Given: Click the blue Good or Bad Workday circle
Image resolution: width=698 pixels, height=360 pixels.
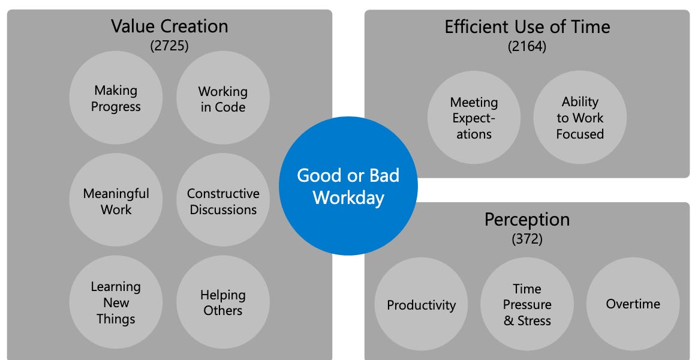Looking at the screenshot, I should [348, 186].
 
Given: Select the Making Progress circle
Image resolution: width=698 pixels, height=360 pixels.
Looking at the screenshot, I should [116, 98].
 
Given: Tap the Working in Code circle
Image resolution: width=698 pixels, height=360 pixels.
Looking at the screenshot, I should [222, 99].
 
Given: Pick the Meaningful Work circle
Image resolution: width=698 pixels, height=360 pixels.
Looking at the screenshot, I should [116, 201].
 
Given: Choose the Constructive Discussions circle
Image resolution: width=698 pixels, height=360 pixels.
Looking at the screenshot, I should [222, 201].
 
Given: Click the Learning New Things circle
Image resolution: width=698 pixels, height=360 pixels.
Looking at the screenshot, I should [116, 302].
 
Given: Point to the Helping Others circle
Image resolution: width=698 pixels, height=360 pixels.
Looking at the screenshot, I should [222, 302].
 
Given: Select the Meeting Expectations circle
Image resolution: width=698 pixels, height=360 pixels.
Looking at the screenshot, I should [474, 118].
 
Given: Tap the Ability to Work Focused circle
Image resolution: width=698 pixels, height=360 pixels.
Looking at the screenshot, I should [580, 118].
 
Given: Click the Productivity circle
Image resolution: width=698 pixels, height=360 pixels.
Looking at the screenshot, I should [421, 304].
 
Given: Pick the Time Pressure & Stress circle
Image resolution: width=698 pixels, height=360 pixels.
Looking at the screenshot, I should [527, 304].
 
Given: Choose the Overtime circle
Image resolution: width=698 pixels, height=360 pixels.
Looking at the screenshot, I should [633, 304].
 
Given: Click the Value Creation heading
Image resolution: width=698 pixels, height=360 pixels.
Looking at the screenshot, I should [170, 26].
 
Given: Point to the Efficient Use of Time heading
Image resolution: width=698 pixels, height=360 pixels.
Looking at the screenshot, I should [527, 27].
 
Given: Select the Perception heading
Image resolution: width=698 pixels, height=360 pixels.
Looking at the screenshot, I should [527, 220].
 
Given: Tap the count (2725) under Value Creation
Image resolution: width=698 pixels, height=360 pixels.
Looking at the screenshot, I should [170, 46].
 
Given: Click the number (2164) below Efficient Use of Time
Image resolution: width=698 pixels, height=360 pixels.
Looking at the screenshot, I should [527, 46].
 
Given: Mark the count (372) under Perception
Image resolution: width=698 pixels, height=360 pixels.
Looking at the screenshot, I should [527, 239].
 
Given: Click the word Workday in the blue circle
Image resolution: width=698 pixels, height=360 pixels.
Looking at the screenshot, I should [348, 197].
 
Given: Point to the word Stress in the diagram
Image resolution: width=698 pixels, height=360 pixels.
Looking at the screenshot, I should [534, 320].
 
